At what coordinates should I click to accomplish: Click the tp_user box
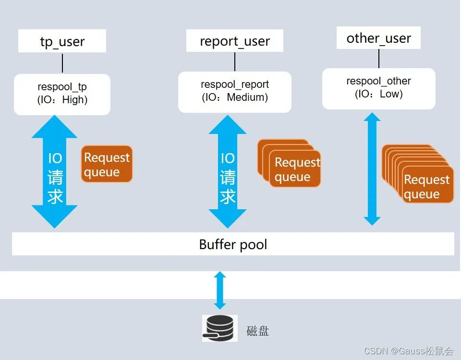tap(62, 41)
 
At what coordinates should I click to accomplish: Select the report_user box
tap(235, 41)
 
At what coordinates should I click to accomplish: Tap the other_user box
tap(379, 38)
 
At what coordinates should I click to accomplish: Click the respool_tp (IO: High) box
tap(62, 94)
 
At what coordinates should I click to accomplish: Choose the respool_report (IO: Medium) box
tap(235, 92)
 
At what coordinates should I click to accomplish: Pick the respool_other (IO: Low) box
tap(379, 88)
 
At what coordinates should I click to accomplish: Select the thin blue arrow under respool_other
tap(372, 168)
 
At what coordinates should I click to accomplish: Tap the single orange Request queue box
tap(107, 164)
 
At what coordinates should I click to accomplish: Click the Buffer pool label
tap(233, 244)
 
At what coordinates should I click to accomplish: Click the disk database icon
tap(219, 328)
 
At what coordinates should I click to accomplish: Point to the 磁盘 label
tap(257, 331)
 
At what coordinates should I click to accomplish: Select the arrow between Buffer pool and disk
tap(220, 290)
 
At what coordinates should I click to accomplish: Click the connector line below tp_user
tap(62, 63)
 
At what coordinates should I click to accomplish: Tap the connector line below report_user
tap(235, 61)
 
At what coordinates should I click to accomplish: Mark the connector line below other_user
tap(379, 58)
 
